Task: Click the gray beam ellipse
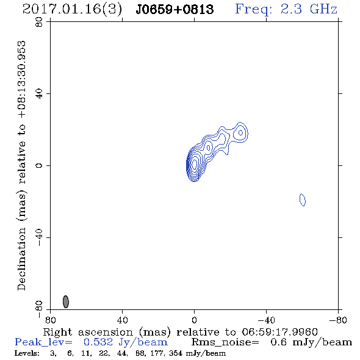pos(66,301)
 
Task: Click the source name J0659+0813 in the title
pos(175,10)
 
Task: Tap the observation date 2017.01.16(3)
pos(72,10)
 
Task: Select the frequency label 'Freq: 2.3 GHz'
pos(286,9)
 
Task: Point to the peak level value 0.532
pos(98,342)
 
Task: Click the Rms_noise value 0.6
pos(278,342)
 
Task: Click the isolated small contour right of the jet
pos(303,200)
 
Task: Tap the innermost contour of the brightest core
pos(195,164)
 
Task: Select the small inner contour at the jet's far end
pos(240,132)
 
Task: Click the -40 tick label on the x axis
pos(266,320)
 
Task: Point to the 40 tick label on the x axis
pos(122,320)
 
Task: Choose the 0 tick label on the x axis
pos(194,320)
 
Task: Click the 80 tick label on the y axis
pos(39,22)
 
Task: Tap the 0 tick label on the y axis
pos(39,165)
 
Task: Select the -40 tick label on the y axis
pos(39,237)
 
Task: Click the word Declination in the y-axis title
pos(21,259)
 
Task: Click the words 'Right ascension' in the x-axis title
pos(88,332)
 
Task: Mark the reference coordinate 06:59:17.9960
pos(279,332)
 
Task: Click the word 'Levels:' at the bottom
pos(27,353)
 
